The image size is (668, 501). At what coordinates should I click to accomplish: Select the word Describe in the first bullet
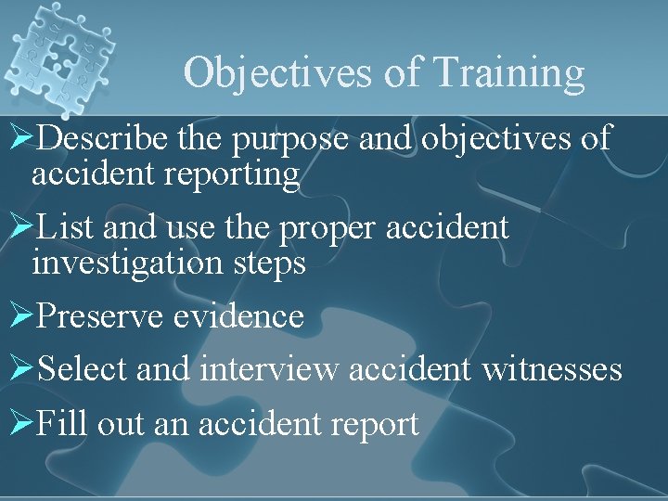click(104, 139)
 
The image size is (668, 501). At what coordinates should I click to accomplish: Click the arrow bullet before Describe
click(20, 139)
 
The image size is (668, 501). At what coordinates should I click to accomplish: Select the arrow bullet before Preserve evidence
click(20, 316)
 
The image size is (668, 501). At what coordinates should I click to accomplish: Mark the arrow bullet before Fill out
click(20, 424)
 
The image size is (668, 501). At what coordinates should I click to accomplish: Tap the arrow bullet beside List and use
click(20, 227)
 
